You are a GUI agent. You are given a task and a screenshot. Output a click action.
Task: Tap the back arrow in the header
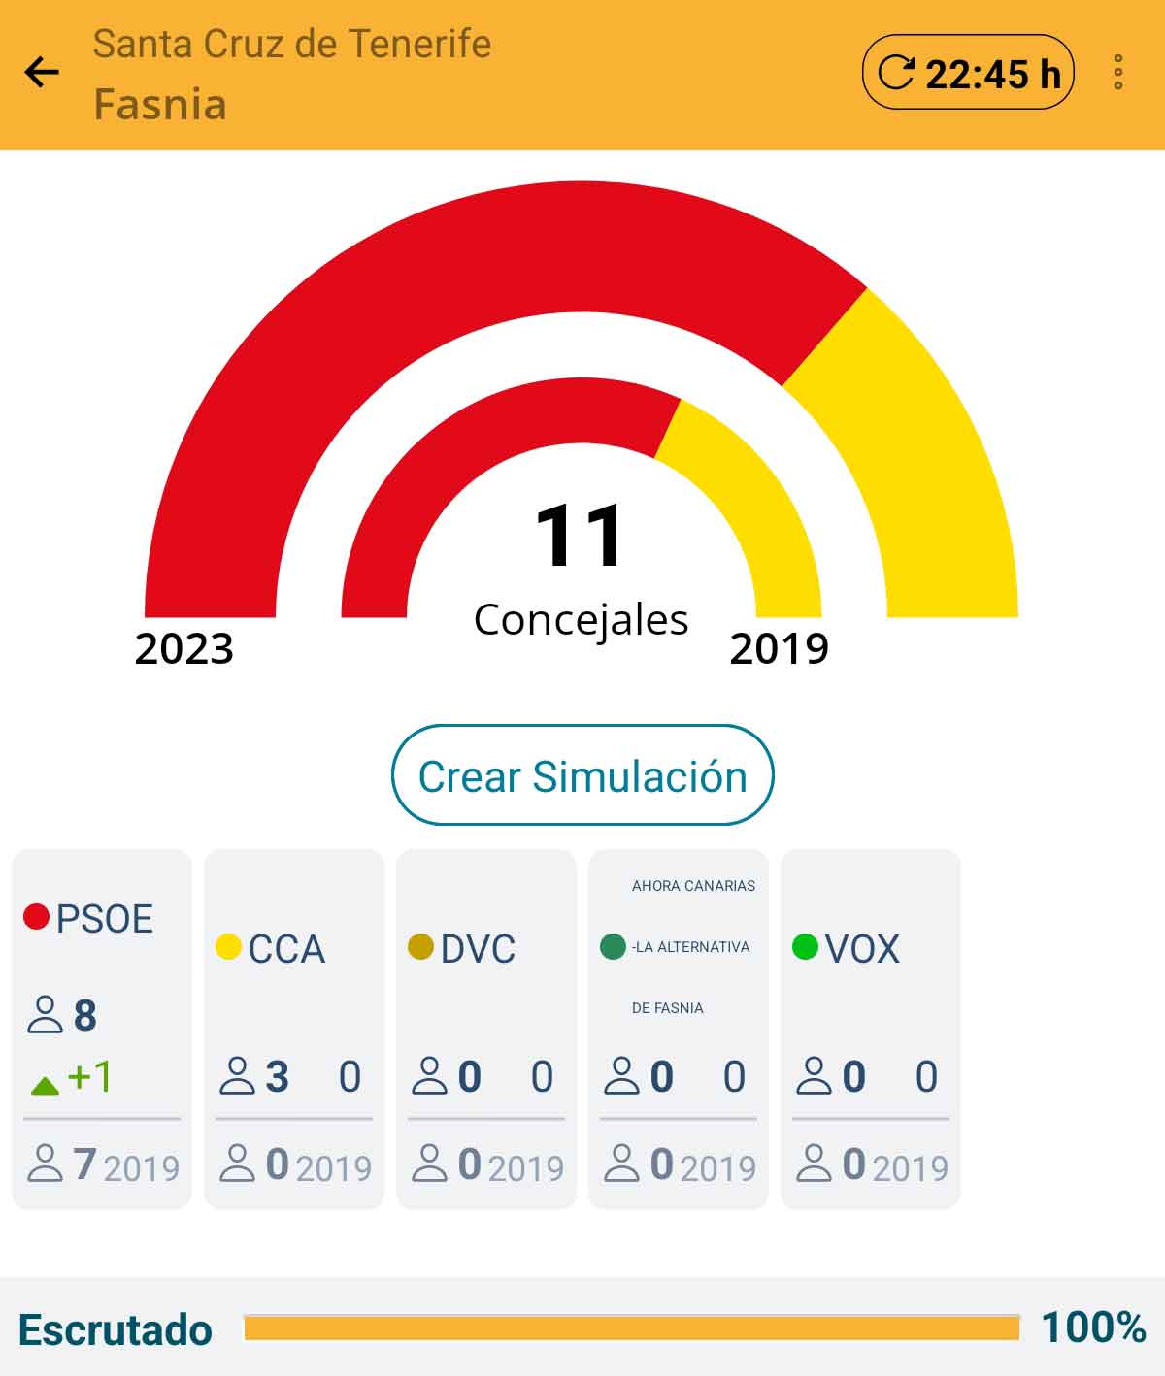[x=42, y=72]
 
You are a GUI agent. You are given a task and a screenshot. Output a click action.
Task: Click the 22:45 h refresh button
[x=968, y=72]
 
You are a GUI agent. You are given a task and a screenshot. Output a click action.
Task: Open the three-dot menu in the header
[x=1118, y=72]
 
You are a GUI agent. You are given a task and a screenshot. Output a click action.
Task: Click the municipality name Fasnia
[x=160, y=105]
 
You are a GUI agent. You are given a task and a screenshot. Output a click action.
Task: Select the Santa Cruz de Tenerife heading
[x=292, y=44]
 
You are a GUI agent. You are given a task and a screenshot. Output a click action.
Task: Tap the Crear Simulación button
[x=582, y=775]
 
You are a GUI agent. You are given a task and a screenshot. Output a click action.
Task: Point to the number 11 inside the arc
[x=580, y=535]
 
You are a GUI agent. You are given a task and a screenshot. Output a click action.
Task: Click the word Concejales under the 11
[x=581, y=620]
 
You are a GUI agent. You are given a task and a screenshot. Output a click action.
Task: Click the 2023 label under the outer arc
[x=183, y=648]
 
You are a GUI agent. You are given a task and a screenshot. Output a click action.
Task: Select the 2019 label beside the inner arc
[x=780, y=648]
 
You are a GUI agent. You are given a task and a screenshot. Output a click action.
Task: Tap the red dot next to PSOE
[x=36, y=917]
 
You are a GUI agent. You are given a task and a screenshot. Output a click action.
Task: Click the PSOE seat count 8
[x=84, y=1016]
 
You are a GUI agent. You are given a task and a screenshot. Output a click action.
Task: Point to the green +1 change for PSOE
[x=71, y=1076]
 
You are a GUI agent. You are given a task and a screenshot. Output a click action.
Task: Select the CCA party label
[x=286, y=949]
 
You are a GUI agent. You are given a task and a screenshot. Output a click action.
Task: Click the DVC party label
[x=478, y=949]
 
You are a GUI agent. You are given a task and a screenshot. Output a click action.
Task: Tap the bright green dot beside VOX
[x=805, y=947]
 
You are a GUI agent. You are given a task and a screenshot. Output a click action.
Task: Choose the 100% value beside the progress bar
[x=1094, y=1327]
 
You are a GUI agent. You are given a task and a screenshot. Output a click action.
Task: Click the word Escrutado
[x=116, y=1330]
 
